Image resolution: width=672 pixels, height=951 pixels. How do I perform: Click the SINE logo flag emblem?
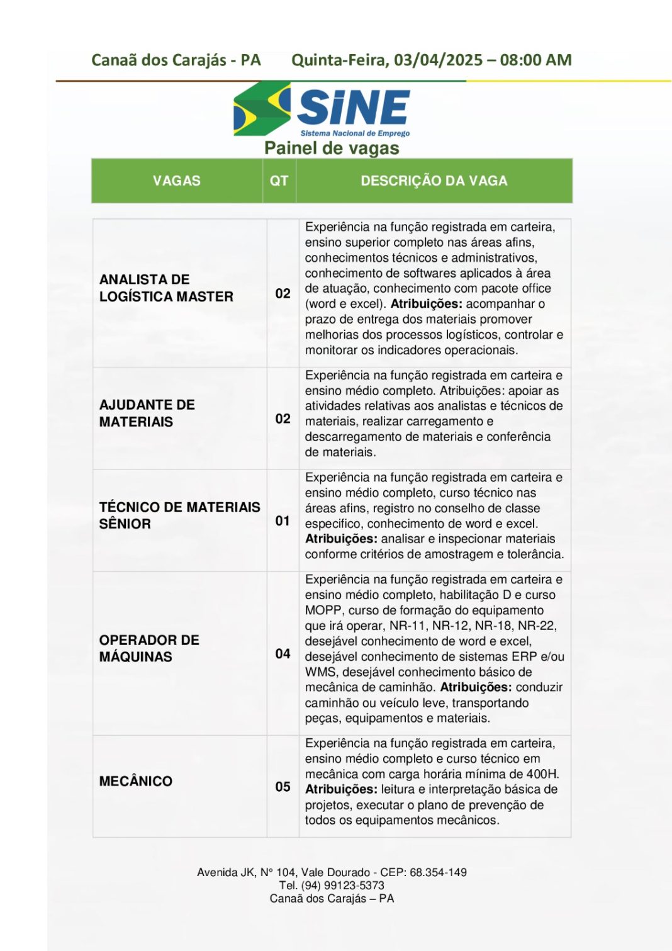point(261,109)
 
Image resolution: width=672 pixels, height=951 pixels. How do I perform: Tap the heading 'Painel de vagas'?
point(332,149)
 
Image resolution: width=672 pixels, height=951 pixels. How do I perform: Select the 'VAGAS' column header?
point(176,181)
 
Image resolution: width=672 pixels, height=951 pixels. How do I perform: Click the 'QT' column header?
point(279,181)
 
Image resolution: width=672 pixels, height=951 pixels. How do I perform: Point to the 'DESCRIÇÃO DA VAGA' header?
point(434,181)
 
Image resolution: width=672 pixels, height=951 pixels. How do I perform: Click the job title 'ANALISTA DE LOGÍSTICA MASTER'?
point(166,288)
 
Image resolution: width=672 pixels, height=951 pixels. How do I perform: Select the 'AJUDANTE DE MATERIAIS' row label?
point(147,414)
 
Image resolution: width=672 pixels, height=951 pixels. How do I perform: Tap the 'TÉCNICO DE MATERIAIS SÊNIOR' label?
point(179,515)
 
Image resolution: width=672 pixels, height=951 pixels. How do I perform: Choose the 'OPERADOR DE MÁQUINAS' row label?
point(149,648)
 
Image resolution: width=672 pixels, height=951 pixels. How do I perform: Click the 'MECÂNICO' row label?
point(135,782)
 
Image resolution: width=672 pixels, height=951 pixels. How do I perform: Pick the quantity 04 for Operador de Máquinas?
point(283,654)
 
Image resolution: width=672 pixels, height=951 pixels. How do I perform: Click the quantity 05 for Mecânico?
point(283,787)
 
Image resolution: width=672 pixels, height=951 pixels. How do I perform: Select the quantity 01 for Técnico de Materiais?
point(283,521)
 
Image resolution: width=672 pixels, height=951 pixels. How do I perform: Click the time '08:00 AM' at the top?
point(536,60)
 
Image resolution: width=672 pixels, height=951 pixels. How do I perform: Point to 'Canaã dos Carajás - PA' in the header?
point(176,60)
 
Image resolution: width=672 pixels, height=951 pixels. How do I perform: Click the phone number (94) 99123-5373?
point(342,886)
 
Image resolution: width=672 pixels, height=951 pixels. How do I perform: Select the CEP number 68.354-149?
point(438,872)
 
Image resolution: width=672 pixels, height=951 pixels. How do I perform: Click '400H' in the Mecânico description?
point(542,774)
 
